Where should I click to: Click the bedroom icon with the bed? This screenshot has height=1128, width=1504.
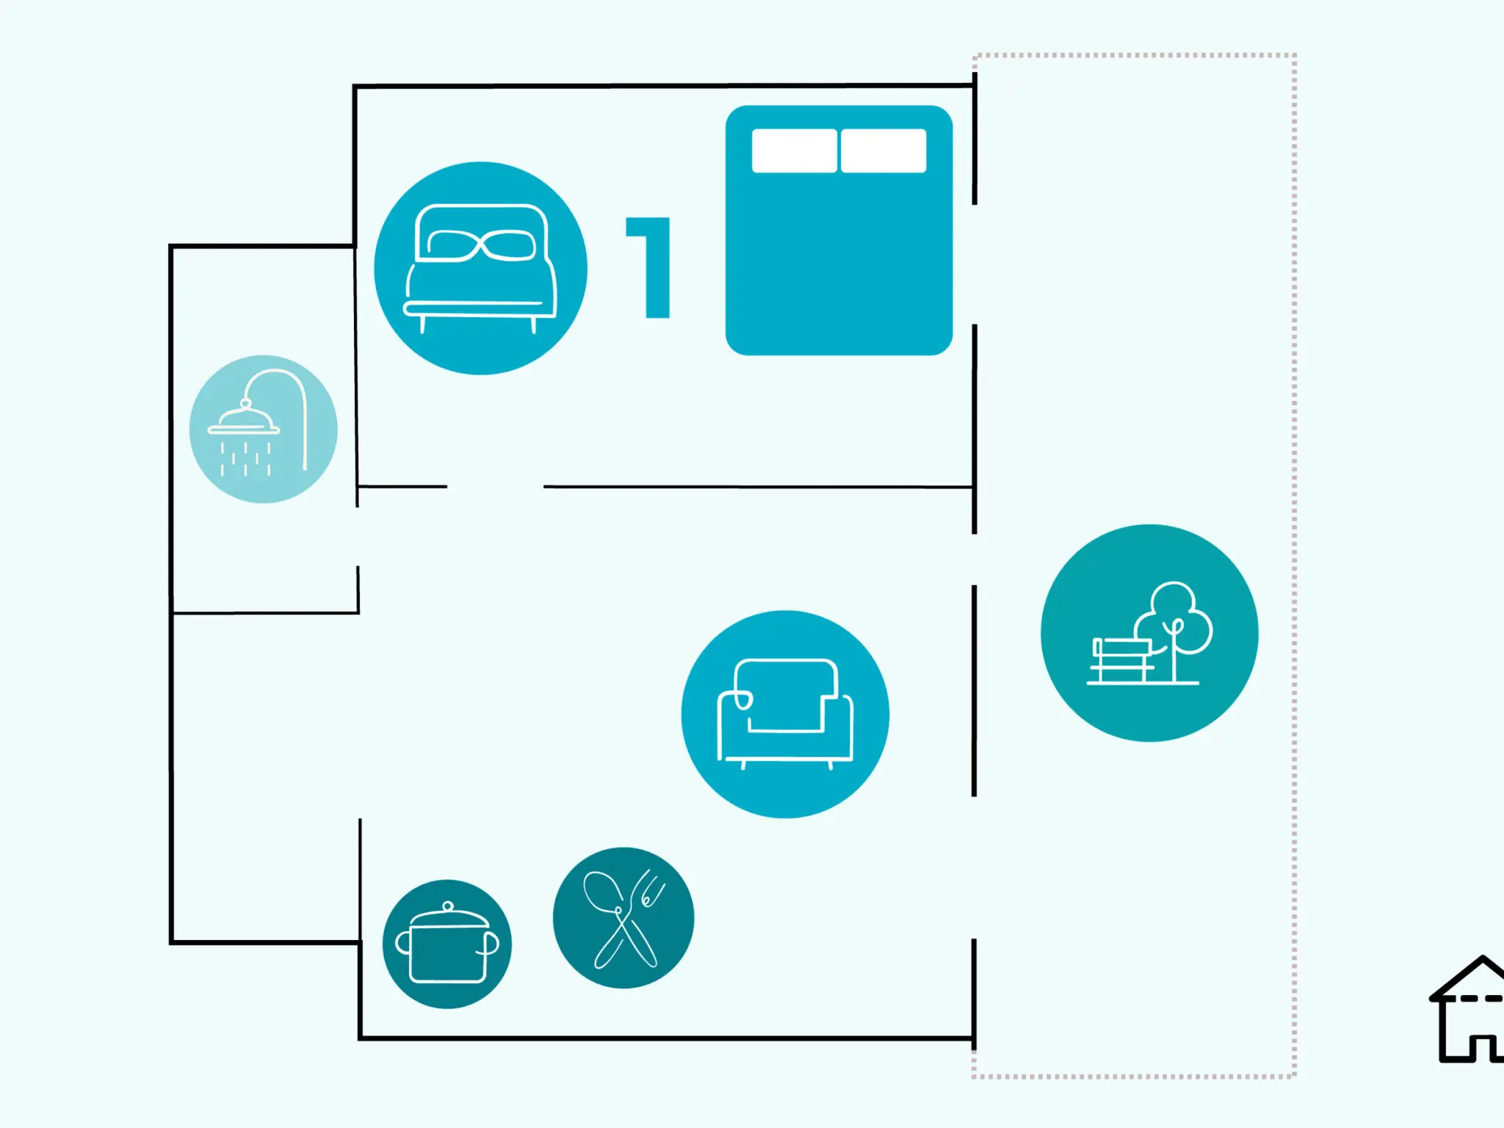480,268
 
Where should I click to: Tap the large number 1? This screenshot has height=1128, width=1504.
648,267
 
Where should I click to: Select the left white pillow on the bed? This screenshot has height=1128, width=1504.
794,151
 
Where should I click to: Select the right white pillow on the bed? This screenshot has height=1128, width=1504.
883,151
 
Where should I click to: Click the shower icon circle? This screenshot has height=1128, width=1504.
264,429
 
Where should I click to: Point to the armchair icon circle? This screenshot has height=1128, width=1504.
785,714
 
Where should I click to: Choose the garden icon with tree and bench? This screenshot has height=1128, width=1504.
1149,633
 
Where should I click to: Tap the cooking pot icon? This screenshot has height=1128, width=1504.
447,944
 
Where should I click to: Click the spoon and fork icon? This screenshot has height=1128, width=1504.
623,918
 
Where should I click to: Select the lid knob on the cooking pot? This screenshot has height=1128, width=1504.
448,906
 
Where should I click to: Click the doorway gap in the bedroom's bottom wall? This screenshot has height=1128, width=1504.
495,486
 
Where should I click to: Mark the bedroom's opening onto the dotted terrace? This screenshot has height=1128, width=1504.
975,264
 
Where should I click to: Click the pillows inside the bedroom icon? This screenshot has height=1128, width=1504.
481,245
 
